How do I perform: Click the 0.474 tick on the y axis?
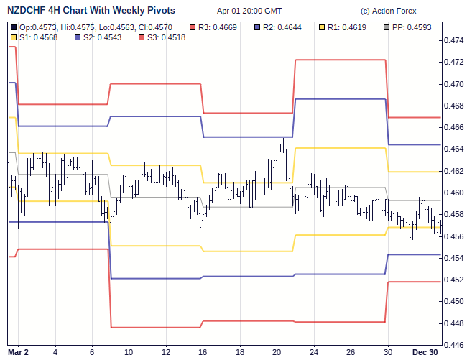pos(454,40)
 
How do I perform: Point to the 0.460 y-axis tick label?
pos(454,193)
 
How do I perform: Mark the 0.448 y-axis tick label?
pos(454,323)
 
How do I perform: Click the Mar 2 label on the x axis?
pos(18,351)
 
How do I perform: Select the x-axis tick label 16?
pos(203,351)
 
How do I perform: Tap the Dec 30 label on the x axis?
pos(425,351)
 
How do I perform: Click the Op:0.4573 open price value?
pos(39,27)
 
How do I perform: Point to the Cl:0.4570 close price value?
pos(155,27)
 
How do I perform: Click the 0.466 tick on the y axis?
pos(454,127)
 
